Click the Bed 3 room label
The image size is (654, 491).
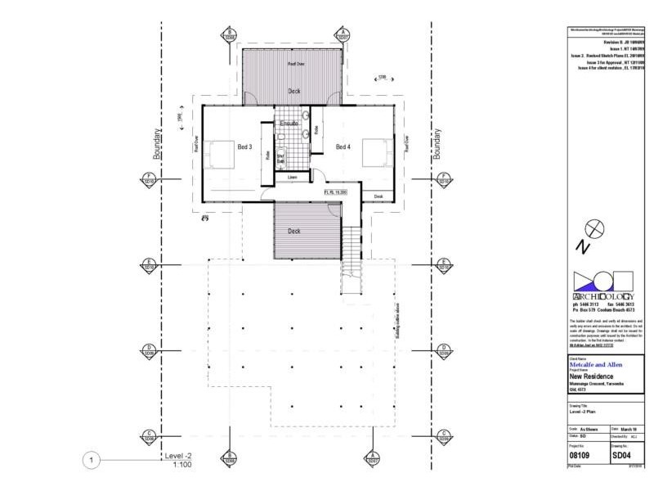pos(244,147)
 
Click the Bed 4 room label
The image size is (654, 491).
pos(343,147)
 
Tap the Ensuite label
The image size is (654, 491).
pos(289,124)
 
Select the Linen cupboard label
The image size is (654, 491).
pos(291,177)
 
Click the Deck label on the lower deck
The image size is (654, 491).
pos(293,231)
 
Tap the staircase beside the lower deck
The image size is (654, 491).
pos(350,254)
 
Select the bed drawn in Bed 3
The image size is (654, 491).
pos(219,153)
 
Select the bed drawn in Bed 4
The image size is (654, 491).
pos(375,153)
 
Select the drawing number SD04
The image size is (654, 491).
pos(622,453)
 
